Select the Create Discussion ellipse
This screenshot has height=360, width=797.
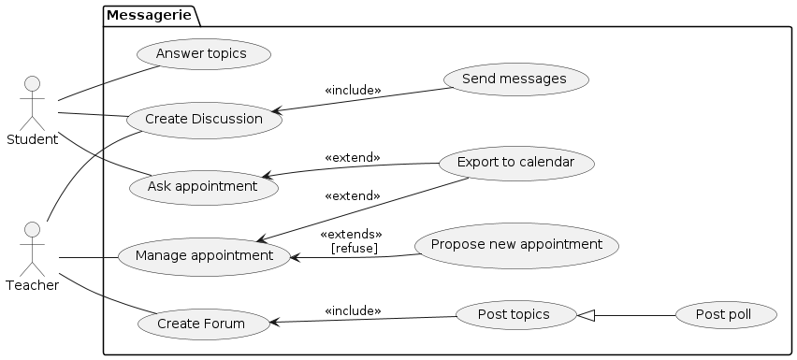(204, 120)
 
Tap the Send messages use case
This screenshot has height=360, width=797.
(516, 79)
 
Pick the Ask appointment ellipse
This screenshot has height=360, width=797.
(204, 187)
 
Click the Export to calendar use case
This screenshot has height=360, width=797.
(516, 163)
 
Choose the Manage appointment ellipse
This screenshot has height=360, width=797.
(204, 256)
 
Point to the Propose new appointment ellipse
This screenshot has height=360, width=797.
(516, 245)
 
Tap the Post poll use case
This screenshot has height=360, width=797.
(726, 315)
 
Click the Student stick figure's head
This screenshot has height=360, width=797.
(32, 84)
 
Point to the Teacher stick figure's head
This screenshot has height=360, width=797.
(32, 229)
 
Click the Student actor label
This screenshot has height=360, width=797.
(33, 139)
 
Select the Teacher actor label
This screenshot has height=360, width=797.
(33, 285)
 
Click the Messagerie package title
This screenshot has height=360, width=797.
(149, 16)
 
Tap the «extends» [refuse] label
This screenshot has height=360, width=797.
(351, 241)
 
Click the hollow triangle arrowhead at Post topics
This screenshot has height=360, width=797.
(586, 315)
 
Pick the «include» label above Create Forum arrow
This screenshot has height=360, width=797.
(353, 311)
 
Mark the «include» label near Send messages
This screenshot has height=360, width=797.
(353, 91)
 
